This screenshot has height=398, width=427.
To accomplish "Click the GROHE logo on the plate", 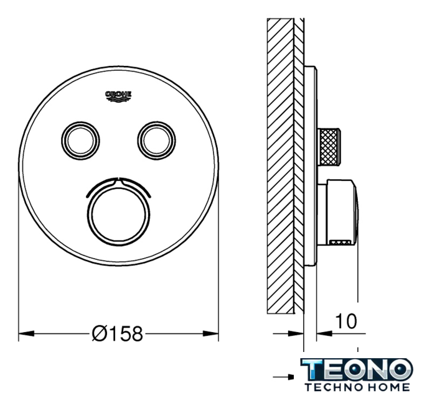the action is (118, 96).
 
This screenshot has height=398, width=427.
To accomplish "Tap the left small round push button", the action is (80, 141).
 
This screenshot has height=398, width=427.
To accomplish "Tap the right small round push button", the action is (156, 141).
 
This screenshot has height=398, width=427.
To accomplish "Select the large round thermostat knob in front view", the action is (118, 215).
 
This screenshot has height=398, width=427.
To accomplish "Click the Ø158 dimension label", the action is (118, 333).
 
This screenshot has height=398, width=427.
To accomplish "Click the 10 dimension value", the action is (346, 321).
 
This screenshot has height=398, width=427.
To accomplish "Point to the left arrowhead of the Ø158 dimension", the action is (26, 333).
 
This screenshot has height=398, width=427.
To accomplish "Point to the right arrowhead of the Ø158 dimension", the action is (211, 333).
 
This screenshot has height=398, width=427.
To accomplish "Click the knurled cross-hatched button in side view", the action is (329, 146).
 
